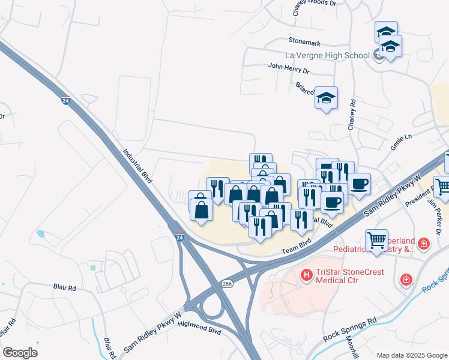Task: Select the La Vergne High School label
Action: point(327,56)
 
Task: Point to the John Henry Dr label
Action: point(289,70)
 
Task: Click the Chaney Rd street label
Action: point(352,115)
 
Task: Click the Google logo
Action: point(20,352)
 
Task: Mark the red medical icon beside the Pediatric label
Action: point(424,244)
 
